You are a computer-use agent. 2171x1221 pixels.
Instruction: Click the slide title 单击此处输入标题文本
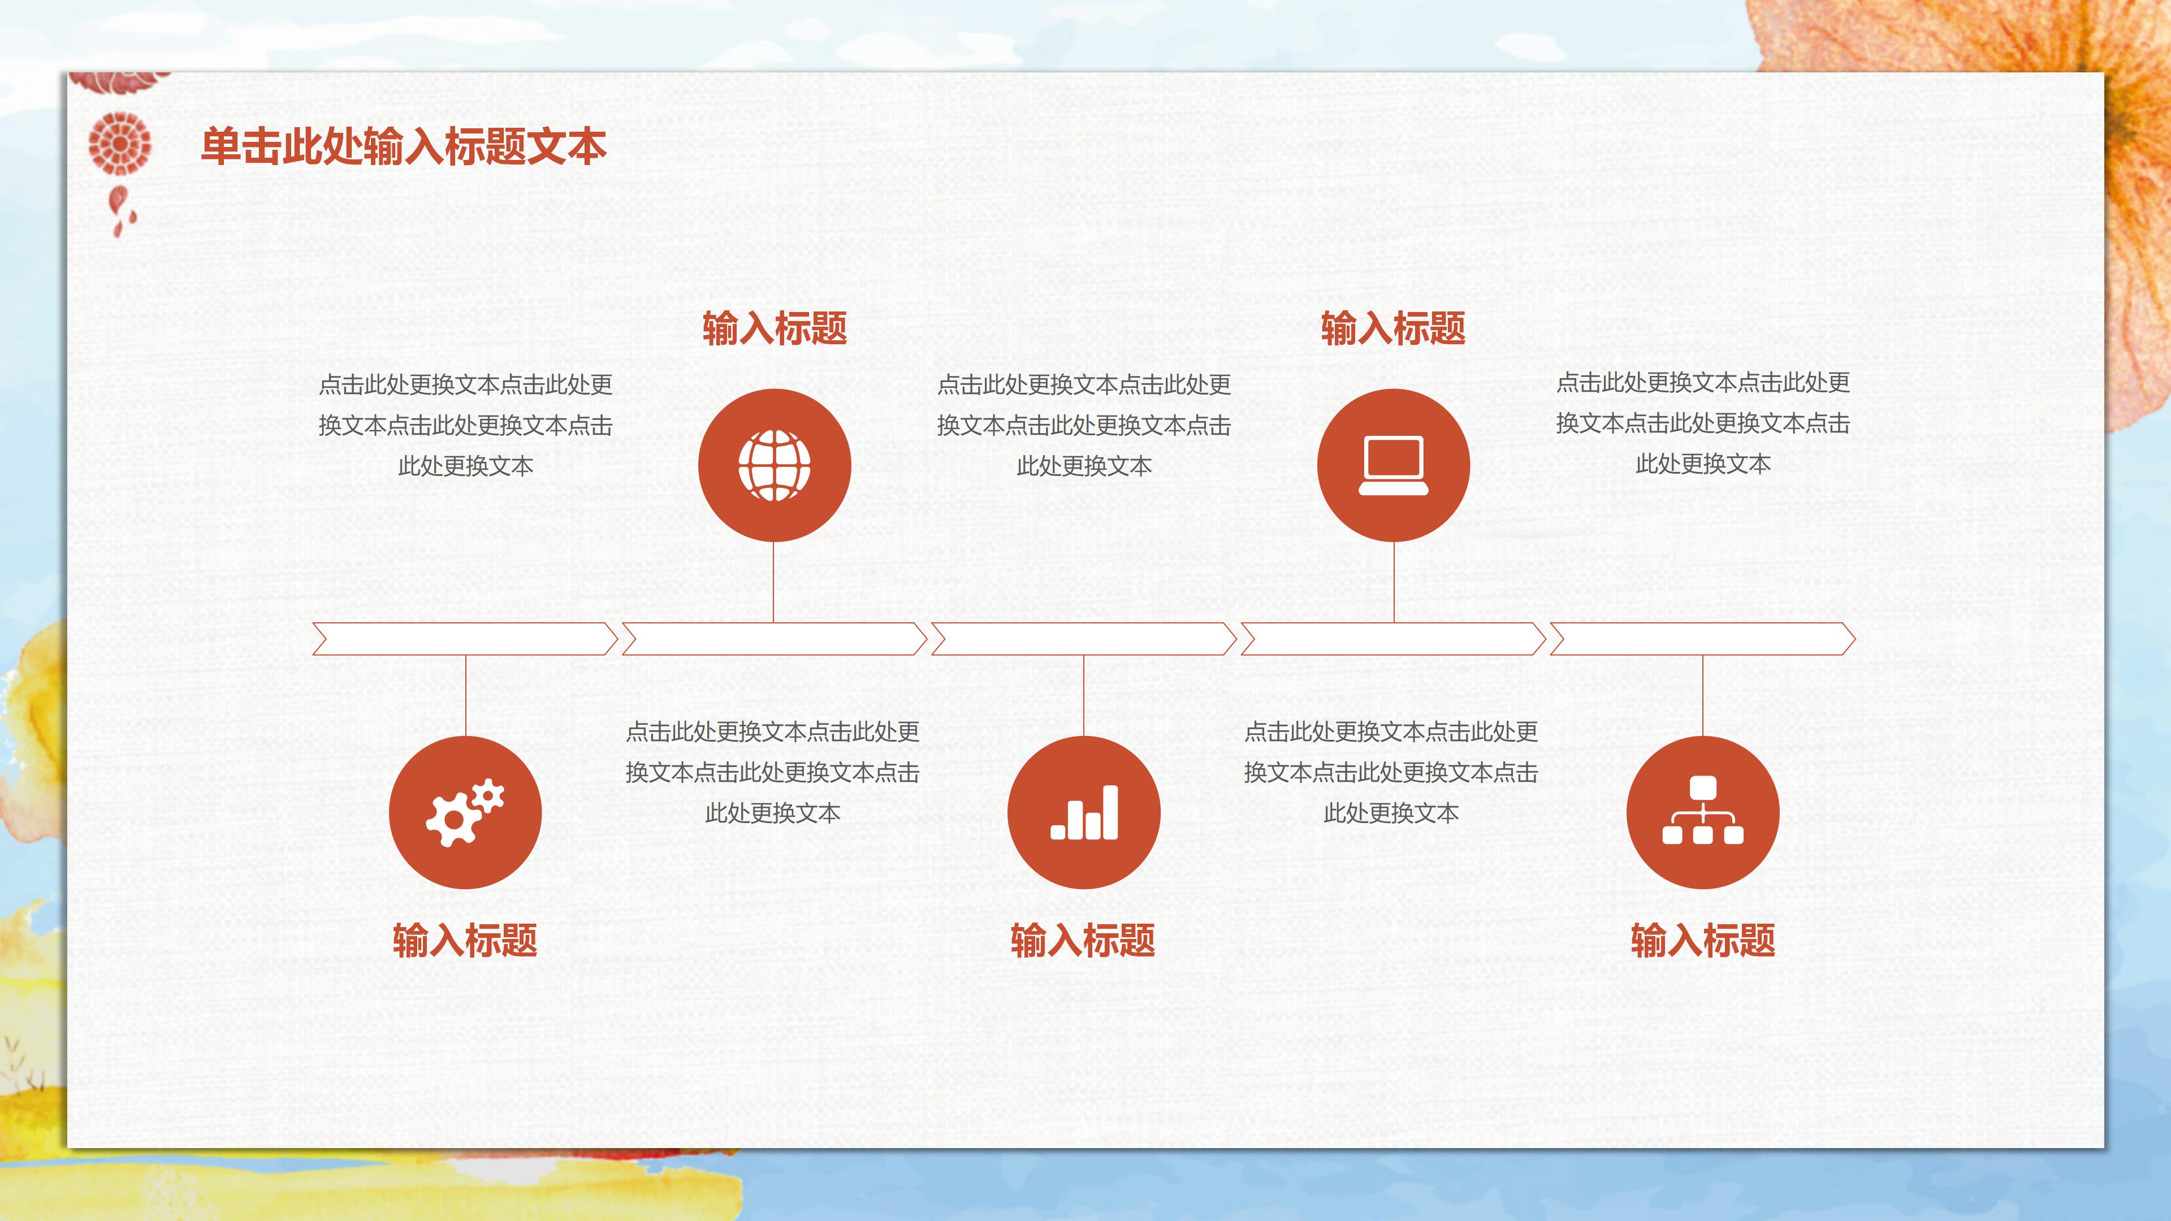coord(404,146)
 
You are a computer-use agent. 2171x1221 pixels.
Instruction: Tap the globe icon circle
coord(773,465)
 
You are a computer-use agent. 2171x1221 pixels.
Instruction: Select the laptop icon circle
coord(1393,465)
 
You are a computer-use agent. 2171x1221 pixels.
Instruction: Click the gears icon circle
coord(465,812)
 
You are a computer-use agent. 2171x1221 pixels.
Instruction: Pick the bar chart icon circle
coord(1084,812)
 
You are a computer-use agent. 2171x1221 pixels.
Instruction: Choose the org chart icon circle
coord(1702,812)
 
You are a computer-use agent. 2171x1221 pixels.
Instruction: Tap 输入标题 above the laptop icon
coord(1393,328)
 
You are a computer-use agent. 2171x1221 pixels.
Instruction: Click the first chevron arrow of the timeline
coord(465,639)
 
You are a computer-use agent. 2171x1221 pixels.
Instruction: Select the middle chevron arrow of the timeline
coord(1084,639)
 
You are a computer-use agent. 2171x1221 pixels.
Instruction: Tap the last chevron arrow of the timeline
coord(1702,639)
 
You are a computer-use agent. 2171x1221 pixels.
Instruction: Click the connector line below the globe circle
coord(773,582)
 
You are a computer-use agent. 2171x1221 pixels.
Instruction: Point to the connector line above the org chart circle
coord(1702,695)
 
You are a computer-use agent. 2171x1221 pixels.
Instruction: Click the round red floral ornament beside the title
coord(120,143)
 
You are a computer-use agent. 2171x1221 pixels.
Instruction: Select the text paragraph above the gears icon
coord(465,425)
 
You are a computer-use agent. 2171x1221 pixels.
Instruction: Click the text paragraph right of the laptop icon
coord(1702,423)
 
